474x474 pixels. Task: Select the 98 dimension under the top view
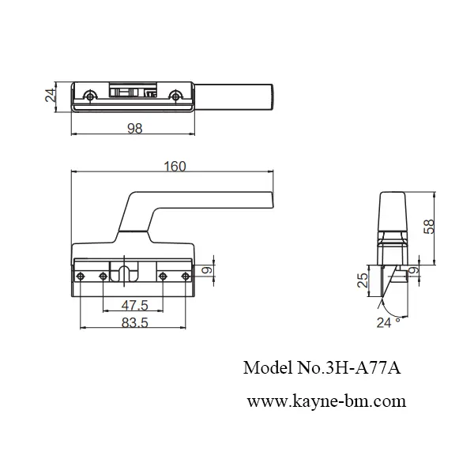pyautogui.click(x=134, y=130)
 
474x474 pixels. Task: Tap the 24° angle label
pyautogui.click(x=388, y=322)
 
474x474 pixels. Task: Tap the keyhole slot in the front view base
pyautogui.click(x=126, y=273)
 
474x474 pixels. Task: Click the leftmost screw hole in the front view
pyautogui.click(x=81, y=276)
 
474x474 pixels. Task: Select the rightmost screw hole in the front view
pyautogui.click(x=185, y=276)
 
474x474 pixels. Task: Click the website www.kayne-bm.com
pyautogui.click(x=326, y=401)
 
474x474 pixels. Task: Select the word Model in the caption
pyautogui.click(x=265, y=367)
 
